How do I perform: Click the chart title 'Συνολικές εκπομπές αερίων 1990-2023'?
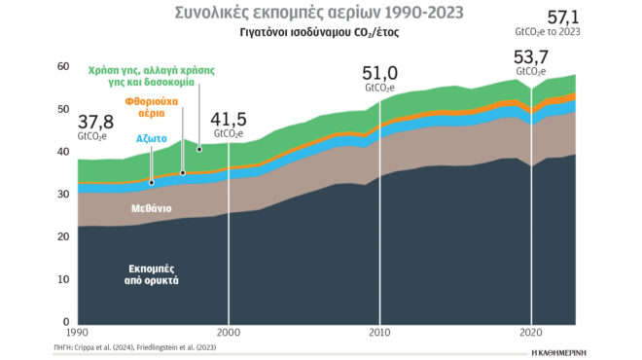[x=319, y=13]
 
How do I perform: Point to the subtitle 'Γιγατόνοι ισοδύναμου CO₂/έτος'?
[x=320, y=32]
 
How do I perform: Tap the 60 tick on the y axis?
[x=63, y=66]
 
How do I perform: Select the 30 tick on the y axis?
[x=63, y=195]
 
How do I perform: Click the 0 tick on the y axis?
[x=66, y=322]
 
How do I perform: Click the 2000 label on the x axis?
[x=230, y=331]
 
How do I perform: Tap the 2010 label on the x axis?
[x=379, y=331]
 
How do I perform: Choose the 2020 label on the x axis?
[x=531, y=331]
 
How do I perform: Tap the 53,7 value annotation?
[x=531, y=56]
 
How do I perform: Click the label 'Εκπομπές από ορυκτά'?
[x=154, y=273]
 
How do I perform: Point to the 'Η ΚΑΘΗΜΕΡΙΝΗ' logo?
[x=568, y=347]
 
